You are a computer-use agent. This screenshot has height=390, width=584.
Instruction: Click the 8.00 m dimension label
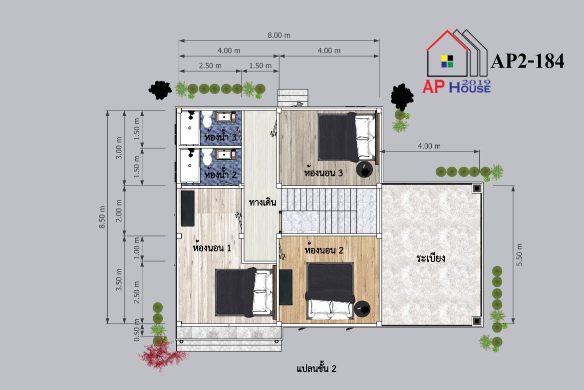tap(279, 35)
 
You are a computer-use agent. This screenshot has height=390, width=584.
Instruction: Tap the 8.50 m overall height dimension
tap(102, 217)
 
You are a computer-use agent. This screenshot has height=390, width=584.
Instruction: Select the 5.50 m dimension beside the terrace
tap(519, 255)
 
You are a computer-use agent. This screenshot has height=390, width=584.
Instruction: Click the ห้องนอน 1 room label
tap(212, 247)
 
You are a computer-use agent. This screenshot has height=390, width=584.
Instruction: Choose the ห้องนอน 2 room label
tap(323, 249)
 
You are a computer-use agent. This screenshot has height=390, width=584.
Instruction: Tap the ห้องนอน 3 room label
tap(323, 173)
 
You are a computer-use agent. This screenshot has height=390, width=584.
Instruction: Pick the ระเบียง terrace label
tap(431, 258)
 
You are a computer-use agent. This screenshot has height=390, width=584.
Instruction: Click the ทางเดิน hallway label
tap(263, 202)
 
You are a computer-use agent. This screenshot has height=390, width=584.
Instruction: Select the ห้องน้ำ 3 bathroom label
tap(220, 137)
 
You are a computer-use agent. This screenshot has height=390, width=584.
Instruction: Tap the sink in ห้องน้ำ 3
tap(224, 117)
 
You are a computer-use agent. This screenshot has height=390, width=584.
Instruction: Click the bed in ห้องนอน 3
tap(347, 137)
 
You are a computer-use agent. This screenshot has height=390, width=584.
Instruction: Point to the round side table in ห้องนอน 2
tap(362, 309)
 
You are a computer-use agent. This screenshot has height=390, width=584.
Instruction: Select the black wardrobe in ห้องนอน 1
tap(188, 208)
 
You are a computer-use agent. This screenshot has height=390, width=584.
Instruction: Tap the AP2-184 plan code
tap(528, 61)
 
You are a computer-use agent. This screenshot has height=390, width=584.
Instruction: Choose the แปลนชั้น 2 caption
tap(316, 368)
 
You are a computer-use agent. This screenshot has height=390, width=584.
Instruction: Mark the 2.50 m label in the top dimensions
tap(210, 65)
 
